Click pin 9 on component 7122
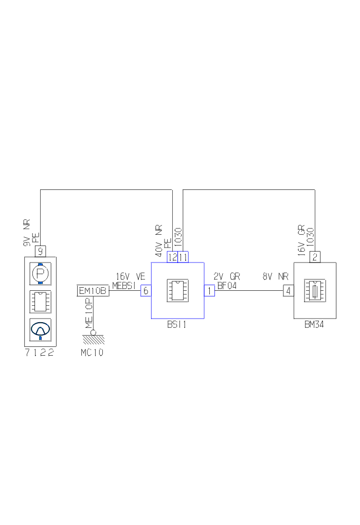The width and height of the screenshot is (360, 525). click(40, 252)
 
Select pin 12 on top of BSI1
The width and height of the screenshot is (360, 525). click(172, 257)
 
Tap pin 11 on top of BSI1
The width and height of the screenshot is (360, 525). click(183, 257)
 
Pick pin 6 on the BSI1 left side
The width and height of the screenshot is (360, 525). click(146, 291)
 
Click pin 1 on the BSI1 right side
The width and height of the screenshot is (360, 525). click(210, 291)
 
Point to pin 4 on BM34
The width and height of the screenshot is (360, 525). click(289, 291)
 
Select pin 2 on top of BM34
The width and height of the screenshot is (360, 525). click(315, 257)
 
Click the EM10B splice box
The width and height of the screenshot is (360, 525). click(93, 291)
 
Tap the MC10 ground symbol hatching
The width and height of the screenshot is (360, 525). click(93, 340)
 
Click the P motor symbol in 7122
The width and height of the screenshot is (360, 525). click(40, 273)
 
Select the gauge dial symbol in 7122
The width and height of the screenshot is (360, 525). click(40, 329)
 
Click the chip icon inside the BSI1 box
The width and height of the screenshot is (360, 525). click(177, 290)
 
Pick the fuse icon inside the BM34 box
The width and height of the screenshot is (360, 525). click(315, 290)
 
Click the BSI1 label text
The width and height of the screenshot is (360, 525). click(176, 325)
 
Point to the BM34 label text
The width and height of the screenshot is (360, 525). click(314, 325)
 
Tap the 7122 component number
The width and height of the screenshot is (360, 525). click(40, 353)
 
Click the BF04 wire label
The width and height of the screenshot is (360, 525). click(227, 286)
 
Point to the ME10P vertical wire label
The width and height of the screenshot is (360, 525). click(89, 315)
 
